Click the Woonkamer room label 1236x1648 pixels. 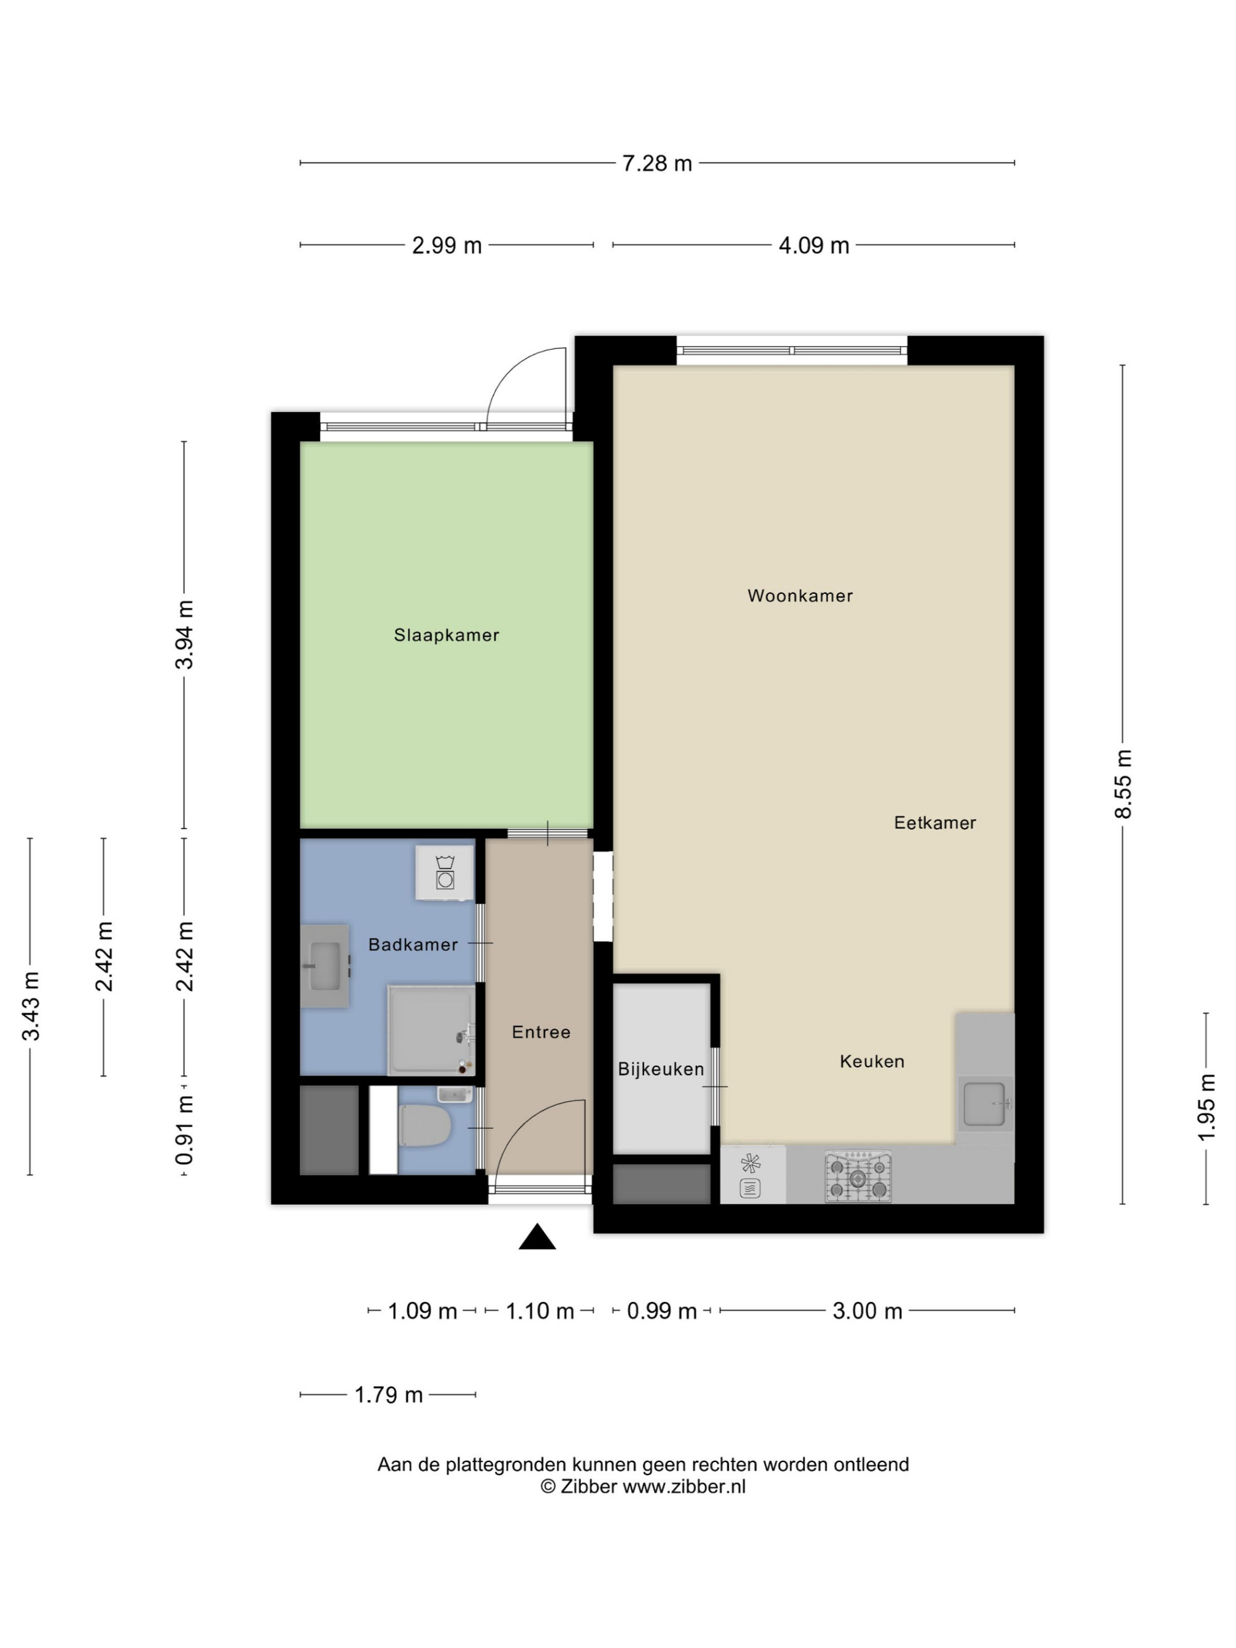click(800, 595)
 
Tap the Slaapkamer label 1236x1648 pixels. click(446, 635)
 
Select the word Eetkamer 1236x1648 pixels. click(935, 822)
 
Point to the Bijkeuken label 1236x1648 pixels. click(661, 1069)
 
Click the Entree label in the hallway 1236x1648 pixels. click(541, 1032)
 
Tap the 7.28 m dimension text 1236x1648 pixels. click(657, 163)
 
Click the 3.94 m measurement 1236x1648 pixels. click(184, 635)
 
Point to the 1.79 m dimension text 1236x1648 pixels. click(388, 1395)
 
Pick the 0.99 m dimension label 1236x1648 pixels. click(662, 1311)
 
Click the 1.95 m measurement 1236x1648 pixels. click(1206, 1107)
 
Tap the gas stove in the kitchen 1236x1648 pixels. click(858, 1177)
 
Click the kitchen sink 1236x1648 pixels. click(985, 1104)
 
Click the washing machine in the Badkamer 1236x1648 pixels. click(445, 873)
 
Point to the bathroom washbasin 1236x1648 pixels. click(325, 966)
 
